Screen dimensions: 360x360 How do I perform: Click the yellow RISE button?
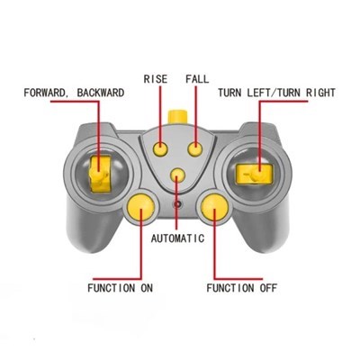[x=160, y=148]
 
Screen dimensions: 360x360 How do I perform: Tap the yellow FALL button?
[x=195, y=148]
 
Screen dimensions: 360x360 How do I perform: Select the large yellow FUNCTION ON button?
[x=140, y=207]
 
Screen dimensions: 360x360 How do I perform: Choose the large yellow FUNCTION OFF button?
[x=214, y=207]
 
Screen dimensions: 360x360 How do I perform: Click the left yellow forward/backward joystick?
[x=99, y=175]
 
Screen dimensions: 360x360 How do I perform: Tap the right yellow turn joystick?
[x=255, y=175]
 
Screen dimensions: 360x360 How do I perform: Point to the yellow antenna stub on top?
[x=177, y=117]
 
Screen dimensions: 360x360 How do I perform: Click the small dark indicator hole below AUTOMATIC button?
[x=178, y=204]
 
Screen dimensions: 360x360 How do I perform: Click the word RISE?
[x=156, y=79]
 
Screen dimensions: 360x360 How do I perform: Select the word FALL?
[x=197, y=79]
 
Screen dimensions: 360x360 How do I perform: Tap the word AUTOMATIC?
[x=177, y=238]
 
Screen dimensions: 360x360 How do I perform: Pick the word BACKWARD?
[x=101, y=93]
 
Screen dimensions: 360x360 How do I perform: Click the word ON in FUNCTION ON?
[x=147, y=288]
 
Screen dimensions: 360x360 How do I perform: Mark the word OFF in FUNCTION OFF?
[x=268, y=288]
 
